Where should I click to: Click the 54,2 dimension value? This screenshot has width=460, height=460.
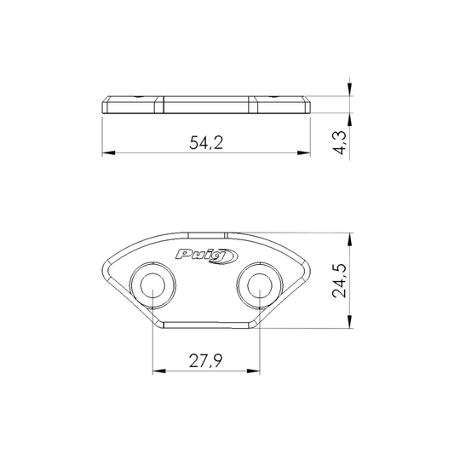[206, 142]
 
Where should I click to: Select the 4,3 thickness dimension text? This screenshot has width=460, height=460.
[340, 142]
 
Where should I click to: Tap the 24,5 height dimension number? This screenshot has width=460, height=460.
[339, 281]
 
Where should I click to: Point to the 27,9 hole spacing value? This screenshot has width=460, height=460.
[206, 361]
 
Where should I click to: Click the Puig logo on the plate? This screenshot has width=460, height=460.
[207, 256]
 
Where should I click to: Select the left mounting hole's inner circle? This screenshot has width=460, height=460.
[152, 285]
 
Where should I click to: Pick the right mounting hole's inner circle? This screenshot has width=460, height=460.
[260, 285]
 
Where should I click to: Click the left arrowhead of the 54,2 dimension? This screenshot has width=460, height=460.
[108, 152]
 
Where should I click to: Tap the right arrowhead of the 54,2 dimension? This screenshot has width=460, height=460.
[304, 152]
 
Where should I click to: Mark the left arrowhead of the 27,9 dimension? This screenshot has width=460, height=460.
[159, 371]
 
